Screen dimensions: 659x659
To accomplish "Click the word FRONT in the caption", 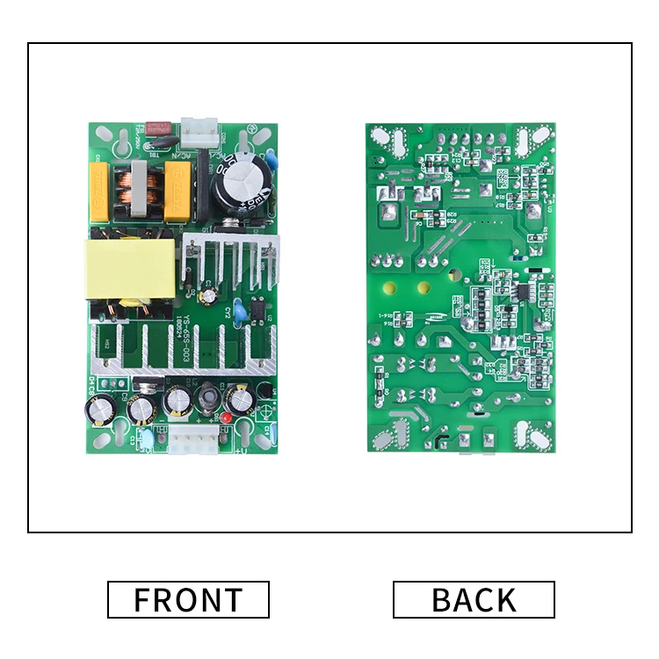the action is [188, 599].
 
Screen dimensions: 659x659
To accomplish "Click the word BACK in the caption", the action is [474, 599].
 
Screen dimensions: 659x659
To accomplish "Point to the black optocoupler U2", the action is [256, 309].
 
